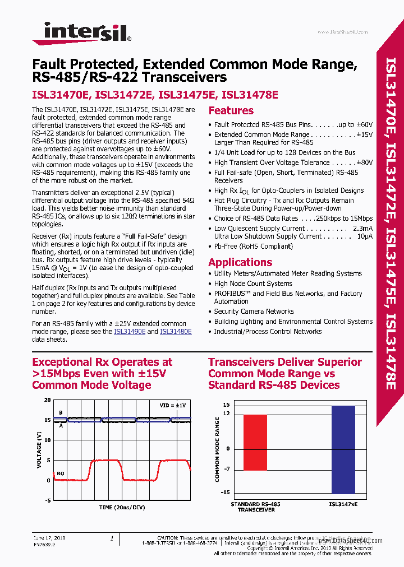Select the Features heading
pyautogui.click(x=231, y=111)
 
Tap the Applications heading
pyautogui.click(x=240, y=262)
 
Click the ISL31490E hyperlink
pyautogui.click(x=130, y=332)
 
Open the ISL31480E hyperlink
pyautogui.click(x=176, y=332)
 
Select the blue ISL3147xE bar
pyautogui.click(x=343, y=449)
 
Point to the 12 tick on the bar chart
pyautogui.click(x=226, y=413)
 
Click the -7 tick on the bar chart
pyautogui.click(x=226, y=469)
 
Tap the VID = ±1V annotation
pyautogui.click(x=173, y=405)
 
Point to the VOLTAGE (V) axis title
pyautogui.click(x=39, y=450)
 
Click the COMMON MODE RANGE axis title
pyautogui.click(x=217, y=449)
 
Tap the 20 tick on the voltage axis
pyautogui.click(x=47, y=401)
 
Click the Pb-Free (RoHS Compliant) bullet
pyautogui.click(x=246, y=246)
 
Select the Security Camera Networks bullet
pyautogui.click(x=254, y=312)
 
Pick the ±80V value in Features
pyautogui.click(x=364, y=162)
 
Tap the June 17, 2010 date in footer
pyautogui.click(x=49, y=538)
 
